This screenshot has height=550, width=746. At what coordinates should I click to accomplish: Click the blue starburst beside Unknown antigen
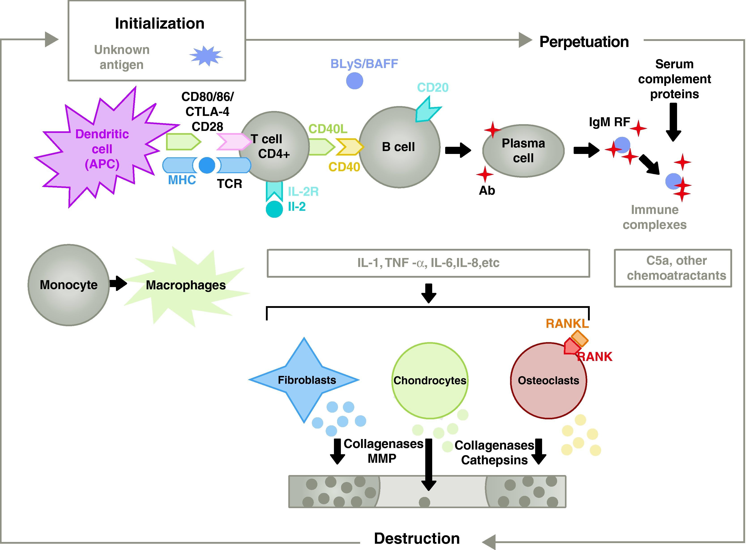[206, 55]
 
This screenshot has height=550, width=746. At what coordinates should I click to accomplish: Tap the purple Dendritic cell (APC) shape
[100, 150]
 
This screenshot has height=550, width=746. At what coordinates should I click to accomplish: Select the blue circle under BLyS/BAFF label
[354, 81]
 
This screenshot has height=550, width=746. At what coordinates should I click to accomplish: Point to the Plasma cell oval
[523, 151]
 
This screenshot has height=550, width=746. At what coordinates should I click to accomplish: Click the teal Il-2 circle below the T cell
[274, 209]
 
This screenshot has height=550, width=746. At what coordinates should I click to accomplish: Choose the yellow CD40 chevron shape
[349, 147]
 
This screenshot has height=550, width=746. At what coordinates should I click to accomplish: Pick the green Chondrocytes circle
[430, 381]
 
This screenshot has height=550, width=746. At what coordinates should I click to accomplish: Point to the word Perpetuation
[584, 42]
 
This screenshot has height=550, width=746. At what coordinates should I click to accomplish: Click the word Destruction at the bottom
[417, 538]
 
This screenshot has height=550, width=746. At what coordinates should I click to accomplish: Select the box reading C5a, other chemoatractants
[673, 268]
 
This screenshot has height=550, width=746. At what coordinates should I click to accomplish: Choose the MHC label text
[182, 180]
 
